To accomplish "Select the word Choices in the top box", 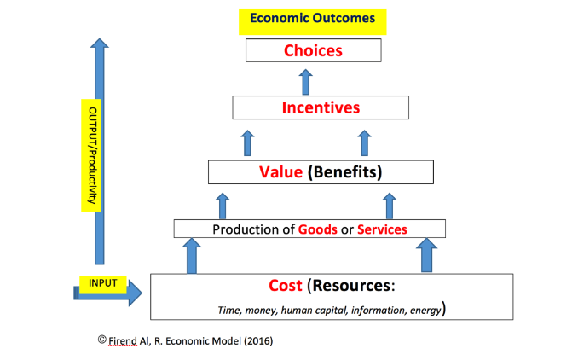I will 312,50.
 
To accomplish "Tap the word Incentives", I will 321,108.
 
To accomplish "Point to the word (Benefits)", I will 344,171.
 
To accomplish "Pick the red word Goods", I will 316,229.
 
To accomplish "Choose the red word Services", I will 381,229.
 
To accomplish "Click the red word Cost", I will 286,285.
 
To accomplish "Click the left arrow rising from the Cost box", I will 192,255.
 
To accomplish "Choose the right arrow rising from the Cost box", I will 425,255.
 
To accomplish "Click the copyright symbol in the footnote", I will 102,339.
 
